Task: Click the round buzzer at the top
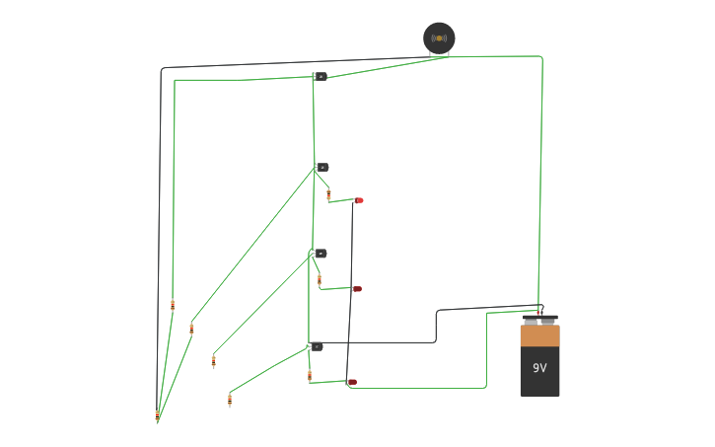coord(439,37)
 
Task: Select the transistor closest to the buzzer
coord(320,76)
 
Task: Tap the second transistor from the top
coord(322,167)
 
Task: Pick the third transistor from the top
coord(320,254)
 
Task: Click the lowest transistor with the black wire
coord(316,346)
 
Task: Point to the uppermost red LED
coord(360,200)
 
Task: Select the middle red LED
coord(357,289)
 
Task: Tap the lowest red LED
coord(352,382)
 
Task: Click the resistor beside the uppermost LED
coord(328,194)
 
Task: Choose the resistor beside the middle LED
coord(320,280)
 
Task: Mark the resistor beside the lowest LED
coord(310,375)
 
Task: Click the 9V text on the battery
coord(539,368)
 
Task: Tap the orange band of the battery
coord(539,336)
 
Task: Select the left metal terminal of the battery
coord(531,321)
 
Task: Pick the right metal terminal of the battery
coord(548,321)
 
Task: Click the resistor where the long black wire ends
coord(157,415)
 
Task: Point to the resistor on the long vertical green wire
coord(173,305)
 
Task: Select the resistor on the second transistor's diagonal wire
coord(191,328)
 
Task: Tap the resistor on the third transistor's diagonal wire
coord(214,361)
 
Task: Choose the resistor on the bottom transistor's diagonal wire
coord(230,400)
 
